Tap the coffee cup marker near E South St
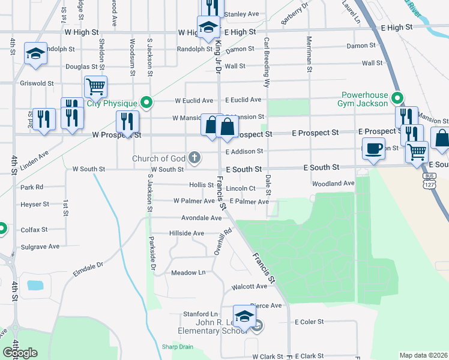[373, 148]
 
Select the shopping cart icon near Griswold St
[96, 87]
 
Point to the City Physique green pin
[145, 103]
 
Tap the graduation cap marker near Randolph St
[36, 53]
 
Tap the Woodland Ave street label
[333, 183]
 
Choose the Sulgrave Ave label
[40, 246]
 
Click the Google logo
[20, 353]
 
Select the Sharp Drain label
[177, 347]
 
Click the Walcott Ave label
[249, 287]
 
